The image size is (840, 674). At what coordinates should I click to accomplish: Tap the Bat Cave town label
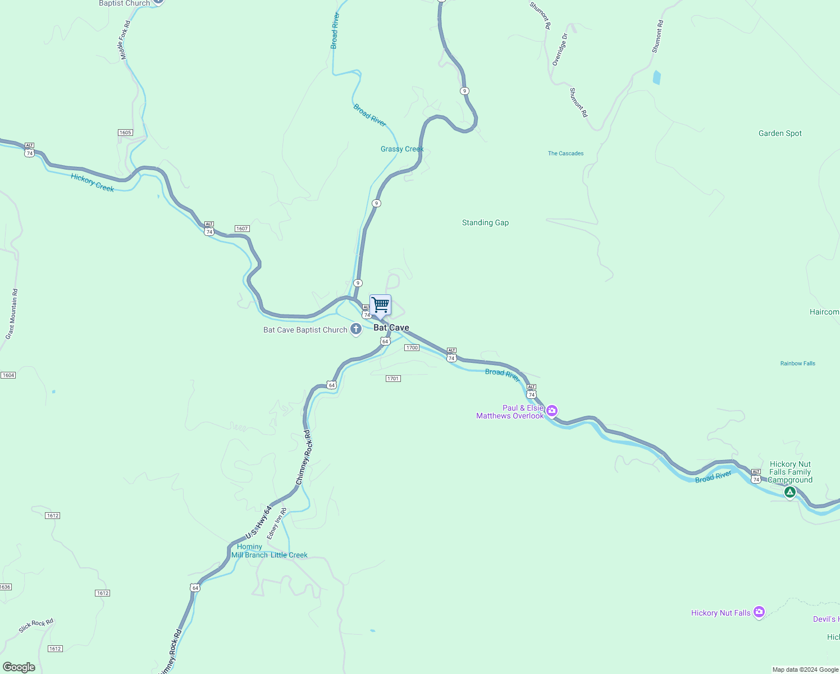tap(391, 327)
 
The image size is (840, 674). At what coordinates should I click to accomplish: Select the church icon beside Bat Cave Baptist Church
tap(356, 329)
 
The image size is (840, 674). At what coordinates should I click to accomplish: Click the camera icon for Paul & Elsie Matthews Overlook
tap(552, 411)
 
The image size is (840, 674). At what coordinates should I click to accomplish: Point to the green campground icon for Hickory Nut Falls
tap(790, 493)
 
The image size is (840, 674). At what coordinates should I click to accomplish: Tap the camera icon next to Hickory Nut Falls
tap(759, 612)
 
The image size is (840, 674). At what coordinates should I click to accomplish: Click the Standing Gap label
tap(485, 223)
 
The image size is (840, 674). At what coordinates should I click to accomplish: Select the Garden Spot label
tap(780, 134)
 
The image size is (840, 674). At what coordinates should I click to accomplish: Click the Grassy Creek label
tap(402, 149)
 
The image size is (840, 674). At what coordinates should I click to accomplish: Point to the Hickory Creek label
tap(93, 183)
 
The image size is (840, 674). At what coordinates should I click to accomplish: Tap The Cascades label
tap(565, 153)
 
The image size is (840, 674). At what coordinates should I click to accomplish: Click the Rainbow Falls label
tap(797, 363)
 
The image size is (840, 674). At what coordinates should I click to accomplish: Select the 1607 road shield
tap(242, 229)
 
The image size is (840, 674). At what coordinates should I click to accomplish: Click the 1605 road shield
tap(125, 133)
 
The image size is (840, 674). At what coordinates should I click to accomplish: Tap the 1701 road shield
tap(393, 379)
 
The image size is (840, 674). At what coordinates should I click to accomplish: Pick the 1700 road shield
tap(412, 348)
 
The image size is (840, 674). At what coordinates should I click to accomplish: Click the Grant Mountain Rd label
tap(12, 314)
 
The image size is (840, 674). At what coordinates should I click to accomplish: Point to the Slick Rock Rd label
tap(36, 625)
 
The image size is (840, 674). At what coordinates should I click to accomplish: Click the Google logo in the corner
tap(19, 667)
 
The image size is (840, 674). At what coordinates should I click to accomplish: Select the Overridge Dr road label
tap(560, 49)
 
